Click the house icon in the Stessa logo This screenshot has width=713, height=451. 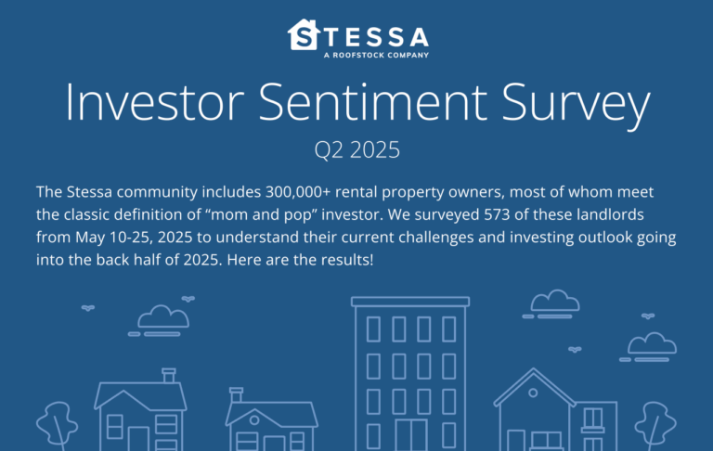pos(302,35)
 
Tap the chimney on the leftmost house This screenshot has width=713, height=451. pos(169,375)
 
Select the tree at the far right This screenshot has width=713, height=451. pos(655,423)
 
